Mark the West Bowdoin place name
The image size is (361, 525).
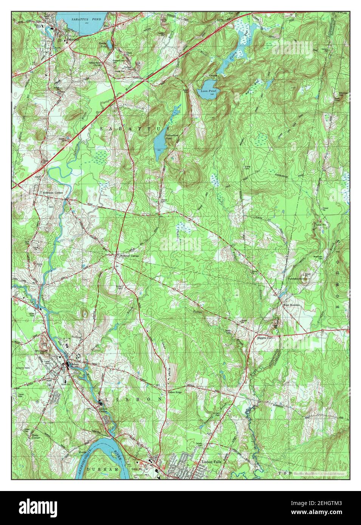[x=292, y=305]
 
